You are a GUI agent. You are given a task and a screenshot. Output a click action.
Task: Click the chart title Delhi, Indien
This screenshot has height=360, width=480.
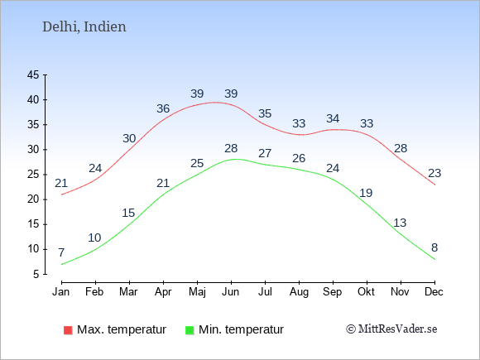[84, 27]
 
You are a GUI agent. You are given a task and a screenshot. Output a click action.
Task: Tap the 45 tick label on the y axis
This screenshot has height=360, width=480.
[33, 74]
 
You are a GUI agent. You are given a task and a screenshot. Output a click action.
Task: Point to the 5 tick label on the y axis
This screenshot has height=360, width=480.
[36, 274]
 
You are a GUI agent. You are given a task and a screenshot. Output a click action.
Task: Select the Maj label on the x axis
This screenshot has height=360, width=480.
[197, 292]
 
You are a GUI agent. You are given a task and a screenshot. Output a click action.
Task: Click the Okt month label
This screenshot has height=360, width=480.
[366, 292]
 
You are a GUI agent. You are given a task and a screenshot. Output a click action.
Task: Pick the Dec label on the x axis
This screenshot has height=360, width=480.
[434, 292]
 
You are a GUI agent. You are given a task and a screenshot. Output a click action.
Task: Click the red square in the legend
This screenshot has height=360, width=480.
[68, 330]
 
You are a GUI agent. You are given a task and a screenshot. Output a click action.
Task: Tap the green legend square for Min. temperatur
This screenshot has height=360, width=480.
[190, 330]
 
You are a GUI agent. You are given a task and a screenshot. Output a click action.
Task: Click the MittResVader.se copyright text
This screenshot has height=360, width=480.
[391, 329]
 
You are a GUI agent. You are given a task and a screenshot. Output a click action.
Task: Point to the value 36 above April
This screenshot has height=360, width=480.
[163, 108]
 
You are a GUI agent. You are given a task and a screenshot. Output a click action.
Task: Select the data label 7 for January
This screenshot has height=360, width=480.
[61, 252]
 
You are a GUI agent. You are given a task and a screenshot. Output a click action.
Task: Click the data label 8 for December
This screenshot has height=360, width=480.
[434, 247]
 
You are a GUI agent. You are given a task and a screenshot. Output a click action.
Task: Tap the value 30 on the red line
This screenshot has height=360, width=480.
[129, 138]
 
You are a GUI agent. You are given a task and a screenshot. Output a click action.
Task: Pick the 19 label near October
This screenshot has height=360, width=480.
[366, 193]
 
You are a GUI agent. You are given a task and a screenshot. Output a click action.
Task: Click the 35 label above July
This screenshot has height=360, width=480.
[265, 113]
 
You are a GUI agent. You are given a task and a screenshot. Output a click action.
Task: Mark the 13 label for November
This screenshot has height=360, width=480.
[400, 223]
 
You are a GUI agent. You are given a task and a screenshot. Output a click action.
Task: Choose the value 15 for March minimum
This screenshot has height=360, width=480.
[128, 213]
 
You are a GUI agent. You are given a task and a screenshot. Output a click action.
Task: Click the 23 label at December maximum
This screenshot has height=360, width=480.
[434, 173]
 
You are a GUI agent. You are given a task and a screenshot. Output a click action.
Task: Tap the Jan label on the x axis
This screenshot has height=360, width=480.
[61, 292]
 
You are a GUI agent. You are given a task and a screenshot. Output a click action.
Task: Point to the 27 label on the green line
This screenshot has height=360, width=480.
[265, 153]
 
